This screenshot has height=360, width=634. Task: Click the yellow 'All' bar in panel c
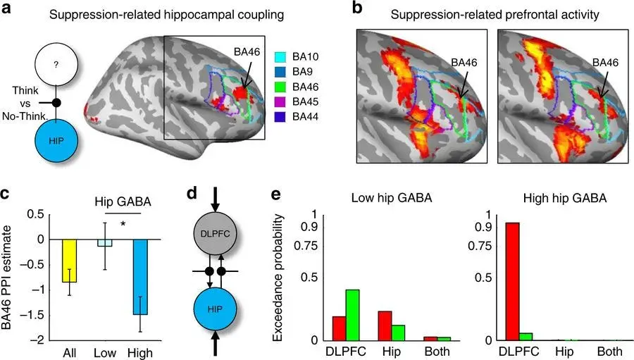coord(70,261)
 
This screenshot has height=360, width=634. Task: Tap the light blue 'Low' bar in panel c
coord(104,243)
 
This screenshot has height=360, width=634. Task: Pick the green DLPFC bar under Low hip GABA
coord(352,315)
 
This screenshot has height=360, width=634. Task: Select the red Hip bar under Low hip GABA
coord(385,325)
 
